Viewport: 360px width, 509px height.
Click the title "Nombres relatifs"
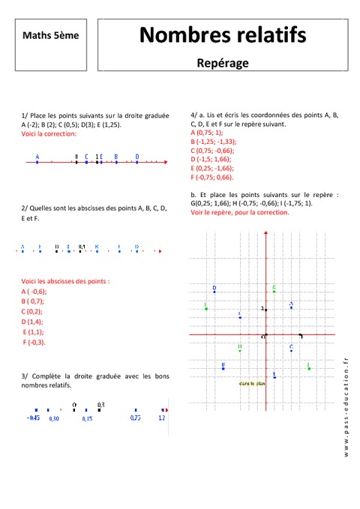click(x=223, y=34)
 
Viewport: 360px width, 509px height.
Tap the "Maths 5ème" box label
click(x=50, y=34)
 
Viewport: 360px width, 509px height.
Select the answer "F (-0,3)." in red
click(x=35, y=342)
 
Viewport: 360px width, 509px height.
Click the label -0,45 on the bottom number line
click(x=33, y=418)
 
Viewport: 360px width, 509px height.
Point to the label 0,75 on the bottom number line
click(x=135, y=418)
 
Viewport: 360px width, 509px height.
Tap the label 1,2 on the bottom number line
click(x=161, y=418)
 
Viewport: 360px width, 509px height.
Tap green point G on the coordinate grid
click(x=274, y=291)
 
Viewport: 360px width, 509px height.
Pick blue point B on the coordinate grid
click(x=223, y=368)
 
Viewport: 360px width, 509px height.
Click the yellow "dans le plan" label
click(x=252, y=384)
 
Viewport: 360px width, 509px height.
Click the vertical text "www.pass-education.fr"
click(x=346, y=406)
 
